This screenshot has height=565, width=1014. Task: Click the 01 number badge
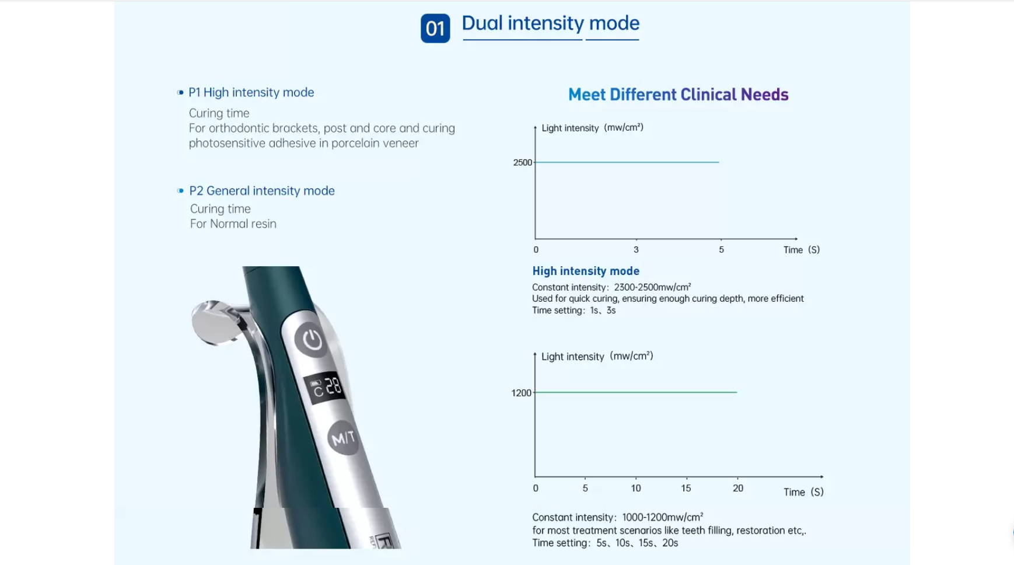click(x=435, y=28)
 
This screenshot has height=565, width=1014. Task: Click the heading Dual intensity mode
click(x=551, y=23)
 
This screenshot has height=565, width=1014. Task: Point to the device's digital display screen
click(x=326, y=387)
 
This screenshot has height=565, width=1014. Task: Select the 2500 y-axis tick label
click(x=522, y=162)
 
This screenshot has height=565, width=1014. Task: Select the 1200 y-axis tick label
click(x=521, y=393)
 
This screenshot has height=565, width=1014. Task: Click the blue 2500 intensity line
click(x=627, y=162)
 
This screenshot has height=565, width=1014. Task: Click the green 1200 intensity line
click(x=636, y=392)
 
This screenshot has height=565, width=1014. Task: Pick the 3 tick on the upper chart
click(x=636, y=249)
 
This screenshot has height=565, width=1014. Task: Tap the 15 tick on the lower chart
click(x=686, y=488)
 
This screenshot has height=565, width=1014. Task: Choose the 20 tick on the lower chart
click(x=738, y=488)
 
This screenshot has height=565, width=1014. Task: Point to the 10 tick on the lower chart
click(x=636, y=488)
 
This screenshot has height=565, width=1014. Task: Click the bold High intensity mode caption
click(x=586, y=271)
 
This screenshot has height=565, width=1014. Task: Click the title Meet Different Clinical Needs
click(x=679, y=95)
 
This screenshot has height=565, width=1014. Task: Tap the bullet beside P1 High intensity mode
click(x=180, y=92)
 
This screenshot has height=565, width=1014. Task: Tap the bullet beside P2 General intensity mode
click(x=180, y=191)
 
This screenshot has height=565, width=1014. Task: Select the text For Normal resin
click(x=233, y=224)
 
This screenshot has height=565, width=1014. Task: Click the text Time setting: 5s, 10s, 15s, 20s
click(x=605, y=543)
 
